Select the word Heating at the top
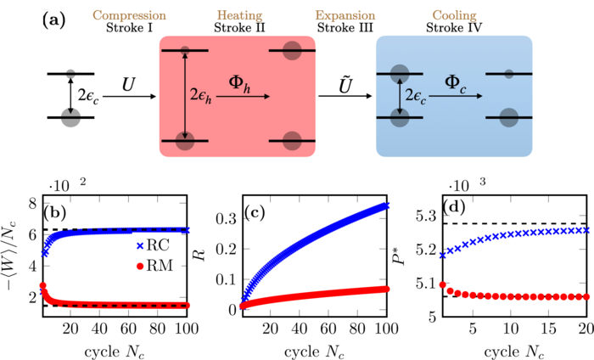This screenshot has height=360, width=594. (x=238, y=15)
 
